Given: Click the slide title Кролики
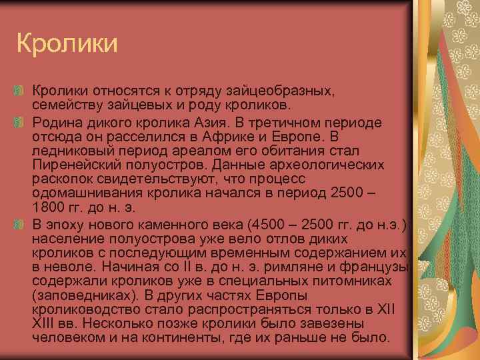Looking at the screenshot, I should [67, 44].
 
